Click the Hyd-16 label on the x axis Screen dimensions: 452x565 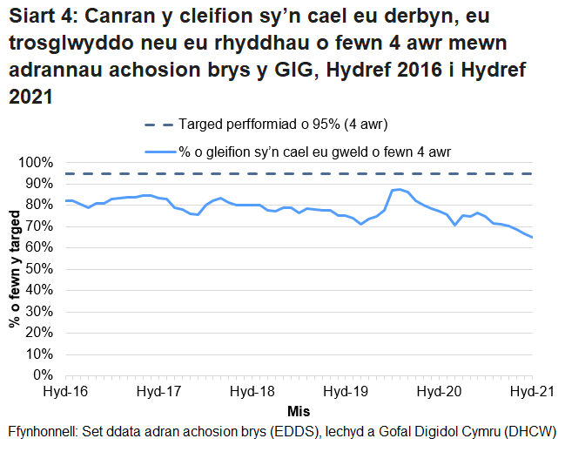pos(66,392)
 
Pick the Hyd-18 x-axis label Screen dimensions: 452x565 pos(252,392)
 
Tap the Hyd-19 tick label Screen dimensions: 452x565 pos(346,392)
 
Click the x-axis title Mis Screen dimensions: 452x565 pos(299,410)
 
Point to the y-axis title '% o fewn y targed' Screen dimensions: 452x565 pos(15,269)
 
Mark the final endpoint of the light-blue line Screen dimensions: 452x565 pos(532,237)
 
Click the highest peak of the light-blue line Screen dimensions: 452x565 pos(399,189)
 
